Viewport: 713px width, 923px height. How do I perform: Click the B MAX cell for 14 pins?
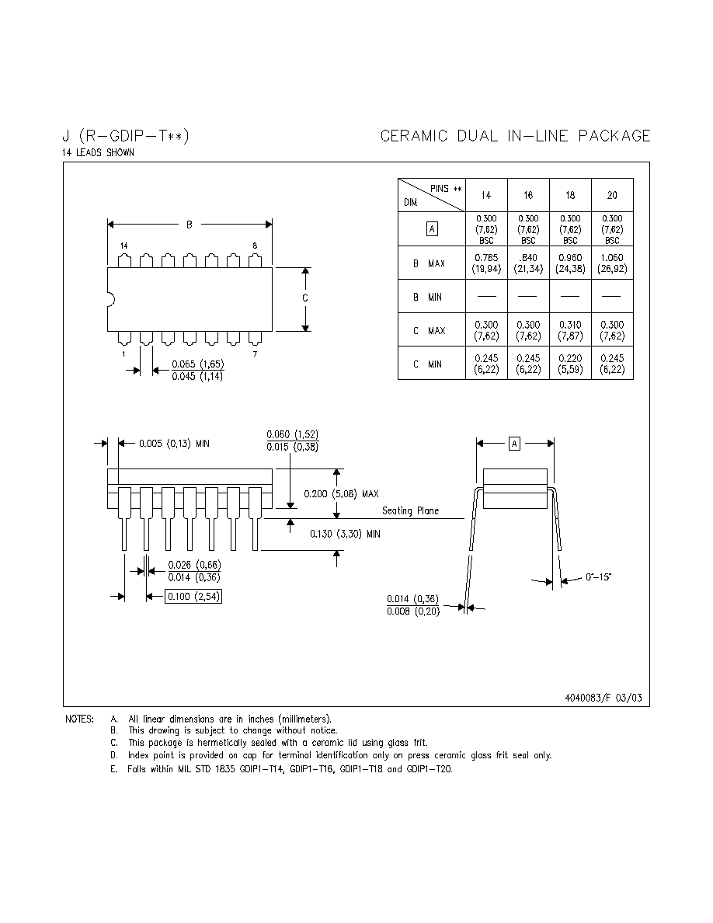coord(486,263)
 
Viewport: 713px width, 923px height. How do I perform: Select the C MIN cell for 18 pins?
coord(570,364)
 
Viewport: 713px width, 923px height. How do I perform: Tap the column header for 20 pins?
coord(612,196)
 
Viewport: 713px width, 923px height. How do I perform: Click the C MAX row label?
coord(429,331)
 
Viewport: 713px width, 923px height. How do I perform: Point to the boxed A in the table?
coord(432,229)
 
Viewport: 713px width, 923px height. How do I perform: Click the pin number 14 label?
coord(123,246)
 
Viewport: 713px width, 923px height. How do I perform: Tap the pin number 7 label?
coord(255,354)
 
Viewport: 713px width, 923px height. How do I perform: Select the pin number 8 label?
coord(255,246)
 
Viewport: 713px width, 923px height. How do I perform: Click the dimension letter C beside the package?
coord(304,298)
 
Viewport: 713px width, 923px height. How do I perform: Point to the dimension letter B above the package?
coord(189,225)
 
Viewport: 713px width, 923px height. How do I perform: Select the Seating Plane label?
coord(410,510)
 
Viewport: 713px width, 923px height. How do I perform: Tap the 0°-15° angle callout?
coord(598,576)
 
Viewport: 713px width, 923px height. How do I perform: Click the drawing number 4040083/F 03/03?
coord(603,698)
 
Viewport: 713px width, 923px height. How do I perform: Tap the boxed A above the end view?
coord(514,444)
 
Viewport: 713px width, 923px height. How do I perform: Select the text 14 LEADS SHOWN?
coord(98,152)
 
